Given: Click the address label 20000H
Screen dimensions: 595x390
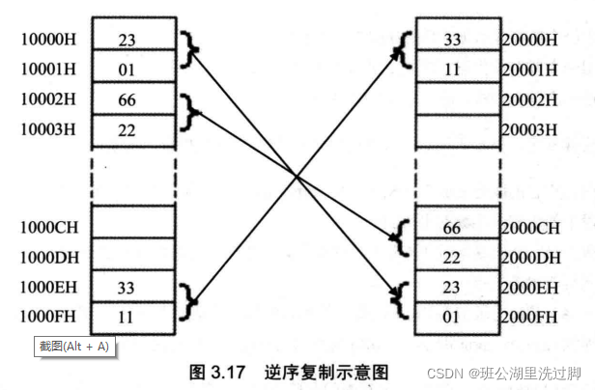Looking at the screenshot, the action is point(531,41).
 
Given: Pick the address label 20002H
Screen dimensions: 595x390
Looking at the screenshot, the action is point(531,99).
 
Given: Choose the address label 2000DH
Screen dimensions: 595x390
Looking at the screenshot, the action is point(531,258).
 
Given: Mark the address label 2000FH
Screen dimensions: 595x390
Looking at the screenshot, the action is point(531,317).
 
